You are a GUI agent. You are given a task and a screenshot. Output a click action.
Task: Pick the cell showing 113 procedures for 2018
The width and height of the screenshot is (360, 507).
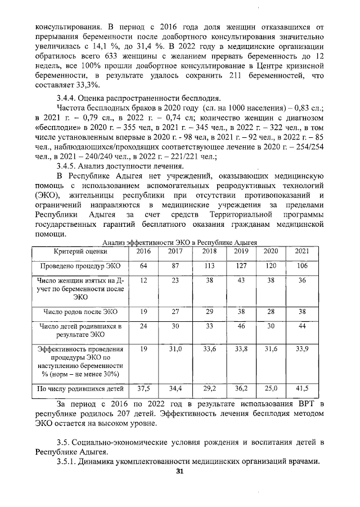click(209, 266)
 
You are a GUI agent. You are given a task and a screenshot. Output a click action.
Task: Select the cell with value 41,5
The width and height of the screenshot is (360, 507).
click(302, 388)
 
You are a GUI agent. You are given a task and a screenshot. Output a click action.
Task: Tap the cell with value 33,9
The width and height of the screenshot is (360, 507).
click(302, 349)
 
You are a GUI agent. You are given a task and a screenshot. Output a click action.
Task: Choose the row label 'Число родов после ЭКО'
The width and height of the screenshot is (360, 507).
click(80, 311)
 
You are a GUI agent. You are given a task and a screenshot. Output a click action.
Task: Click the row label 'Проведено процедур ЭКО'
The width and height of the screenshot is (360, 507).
click(80, 266)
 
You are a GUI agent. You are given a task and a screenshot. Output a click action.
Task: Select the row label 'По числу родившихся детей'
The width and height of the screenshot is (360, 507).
click(80, 388)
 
